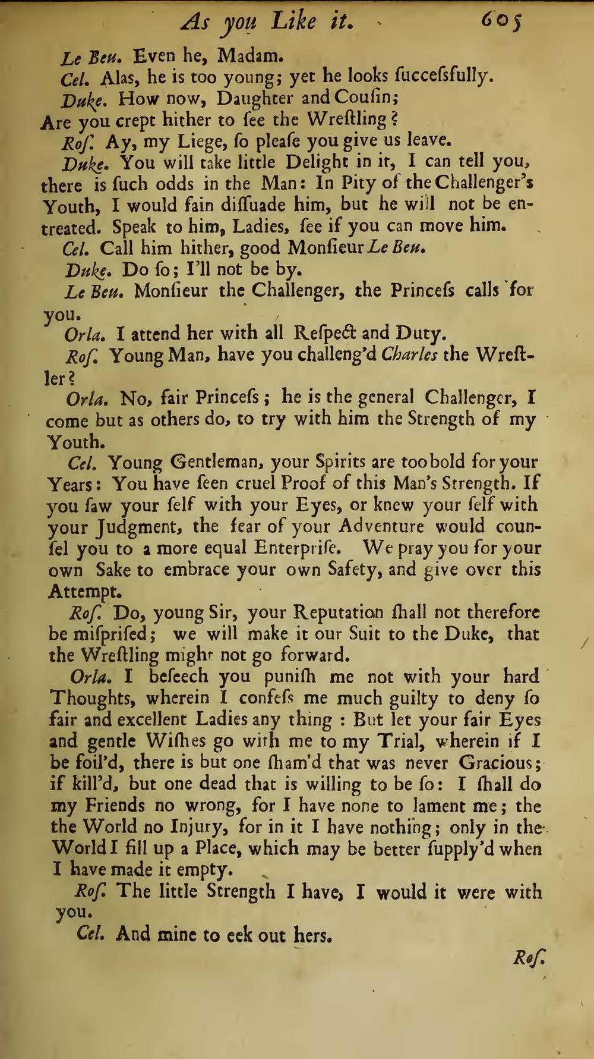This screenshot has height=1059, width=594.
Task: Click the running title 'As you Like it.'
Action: pyautogui.click(x=268, y=23)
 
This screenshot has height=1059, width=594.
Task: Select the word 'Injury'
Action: pyautogui.click(x=199, y=827)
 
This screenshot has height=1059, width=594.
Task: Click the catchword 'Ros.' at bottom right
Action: pyautogui.click(x=529, y=959)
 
